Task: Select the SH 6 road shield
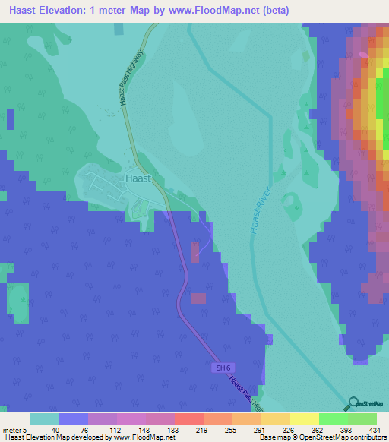click(x=220, y=368)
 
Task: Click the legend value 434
click(x=362, y=429)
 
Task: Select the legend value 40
click(x=45, y=429)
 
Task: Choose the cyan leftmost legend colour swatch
click(x=45, y=418)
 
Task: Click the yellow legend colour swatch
click(x=304, y=418)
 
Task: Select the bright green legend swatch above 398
click(x=333, y=418)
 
